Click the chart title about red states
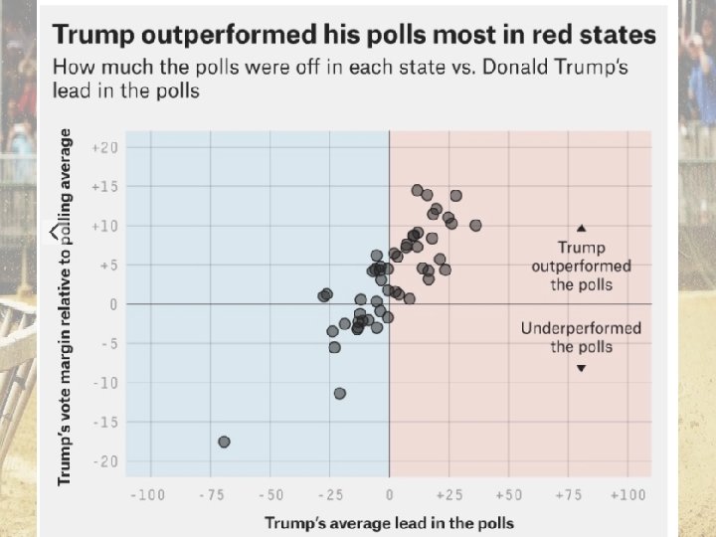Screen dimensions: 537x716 [x=353, y=36]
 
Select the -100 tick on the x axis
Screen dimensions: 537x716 [x=148, y=494]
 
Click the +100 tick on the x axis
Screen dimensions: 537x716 [x=629, y=494]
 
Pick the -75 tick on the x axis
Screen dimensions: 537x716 [x=210, y=494]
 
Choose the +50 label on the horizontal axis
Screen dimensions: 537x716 [x=508, y=494]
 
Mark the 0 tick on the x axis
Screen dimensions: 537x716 [x=389, y=494]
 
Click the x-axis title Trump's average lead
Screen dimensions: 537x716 [x=389, y=522]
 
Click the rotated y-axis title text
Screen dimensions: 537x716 [x=66, y=306]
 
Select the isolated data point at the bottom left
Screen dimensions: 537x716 [x=224, y=442]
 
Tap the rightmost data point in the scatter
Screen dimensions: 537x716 [x=475, y=226]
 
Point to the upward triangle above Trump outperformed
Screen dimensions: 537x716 [x=582, y=228]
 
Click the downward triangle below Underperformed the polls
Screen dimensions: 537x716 [x=582, y=368]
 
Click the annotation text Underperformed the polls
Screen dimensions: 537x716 [x=581, y=337]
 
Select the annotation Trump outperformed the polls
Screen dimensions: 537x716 [x=581, y=266]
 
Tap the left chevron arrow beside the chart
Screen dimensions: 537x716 [x=55, y=232]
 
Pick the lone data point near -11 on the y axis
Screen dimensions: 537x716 [x=340, y=394]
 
